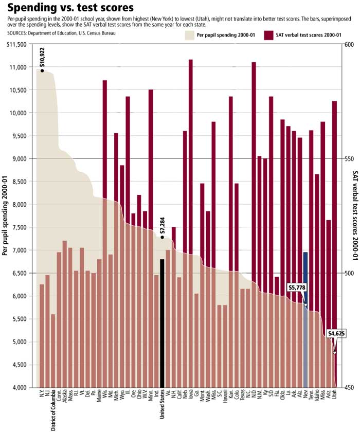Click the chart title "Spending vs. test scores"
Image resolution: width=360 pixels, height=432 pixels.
[x=70, y=8]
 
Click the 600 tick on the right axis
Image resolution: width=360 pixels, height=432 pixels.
[x=348, y=45]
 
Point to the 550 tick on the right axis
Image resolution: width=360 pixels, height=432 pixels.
[x=348, y=159]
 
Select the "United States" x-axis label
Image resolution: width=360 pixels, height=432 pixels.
[x=162, y=404]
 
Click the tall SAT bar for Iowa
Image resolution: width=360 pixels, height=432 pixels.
[x=191, y=154]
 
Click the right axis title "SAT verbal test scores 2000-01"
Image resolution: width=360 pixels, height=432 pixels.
[x=355, y=215]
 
